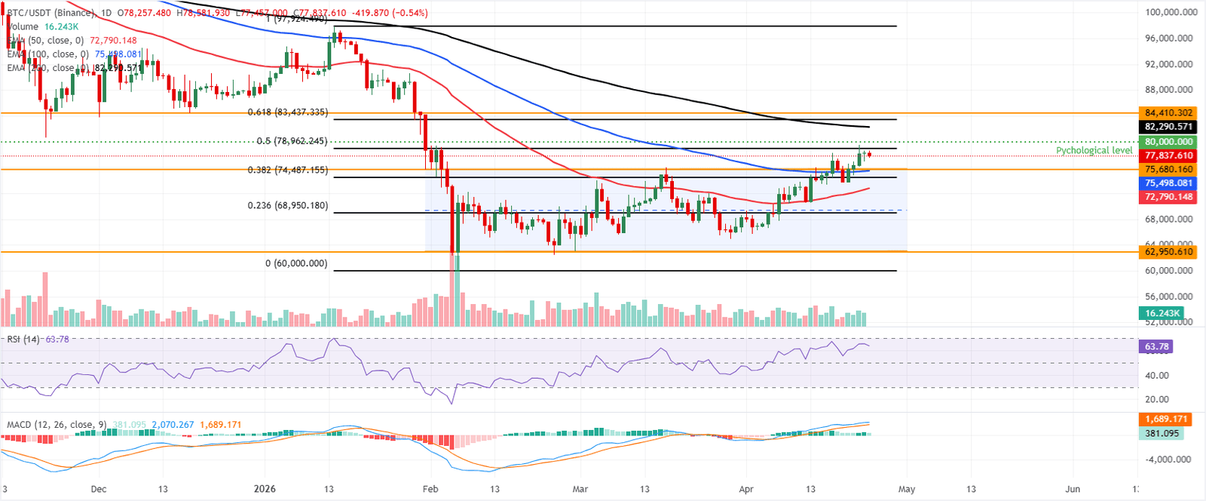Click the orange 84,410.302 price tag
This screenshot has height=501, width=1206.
coord(1168,113)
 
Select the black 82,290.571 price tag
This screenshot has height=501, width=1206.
coord(1168,127)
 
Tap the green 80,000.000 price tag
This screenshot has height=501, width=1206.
coord(1168,142)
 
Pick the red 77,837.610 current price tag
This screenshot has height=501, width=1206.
coord(1168,155)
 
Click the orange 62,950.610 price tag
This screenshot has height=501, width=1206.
coord(1168,252)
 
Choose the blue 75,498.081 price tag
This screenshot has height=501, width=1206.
coord(1168,183)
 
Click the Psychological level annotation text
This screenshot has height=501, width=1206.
coord(1094,150)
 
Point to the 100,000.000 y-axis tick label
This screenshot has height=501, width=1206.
coord(1171,12)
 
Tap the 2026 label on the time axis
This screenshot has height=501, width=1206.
coord(265,489)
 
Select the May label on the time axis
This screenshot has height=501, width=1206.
coord(907,489)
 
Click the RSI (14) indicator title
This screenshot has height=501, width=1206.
coord(23,340)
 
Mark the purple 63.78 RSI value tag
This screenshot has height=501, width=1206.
coord(1157,347)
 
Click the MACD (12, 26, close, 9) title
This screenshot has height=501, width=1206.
coord(57,425)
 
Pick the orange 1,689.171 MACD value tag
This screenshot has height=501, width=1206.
coord(1166,419)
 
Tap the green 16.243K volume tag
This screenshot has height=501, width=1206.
coord(1162,313)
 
